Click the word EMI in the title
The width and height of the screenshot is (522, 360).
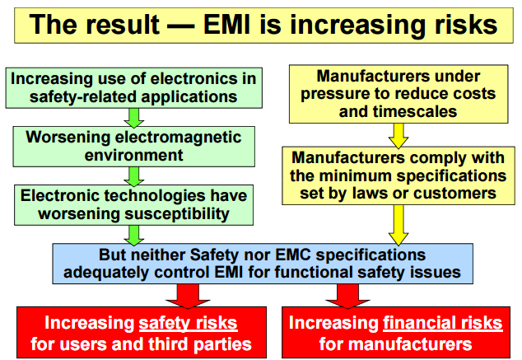226,25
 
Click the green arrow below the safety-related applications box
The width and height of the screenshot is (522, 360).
134,118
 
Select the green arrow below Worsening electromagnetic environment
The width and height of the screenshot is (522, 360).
134,176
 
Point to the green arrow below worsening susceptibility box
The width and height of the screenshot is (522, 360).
134,236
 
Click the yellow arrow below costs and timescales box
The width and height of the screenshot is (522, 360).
398,136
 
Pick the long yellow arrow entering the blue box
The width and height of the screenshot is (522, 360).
398,225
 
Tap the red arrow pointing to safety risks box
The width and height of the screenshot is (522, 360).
188,297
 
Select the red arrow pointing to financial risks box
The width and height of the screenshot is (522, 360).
347,297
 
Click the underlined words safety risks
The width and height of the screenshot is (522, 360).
188,323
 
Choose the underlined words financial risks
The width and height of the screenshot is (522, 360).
442,323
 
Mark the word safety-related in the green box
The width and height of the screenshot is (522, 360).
83,97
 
